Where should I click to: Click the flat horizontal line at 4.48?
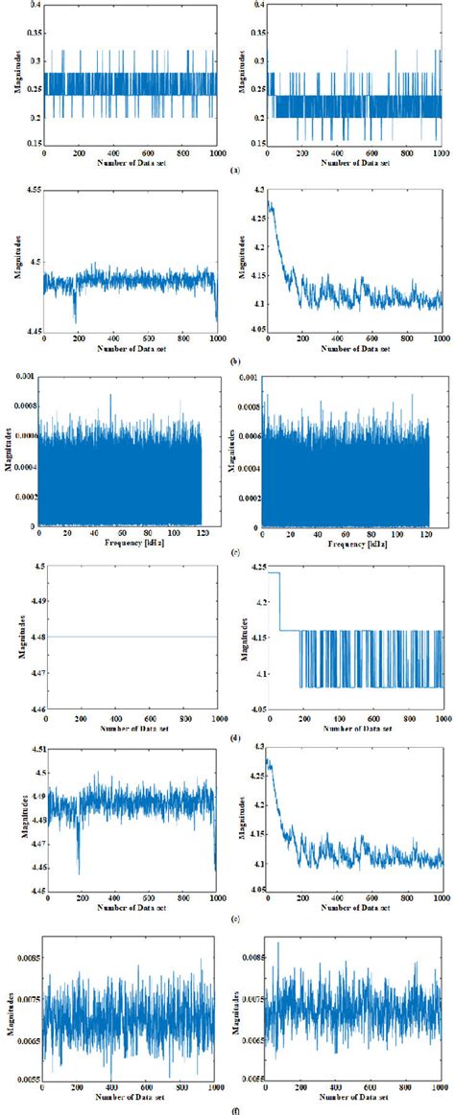(x=131, y=637)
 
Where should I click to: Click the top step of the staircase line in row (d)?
(x=273, y=572)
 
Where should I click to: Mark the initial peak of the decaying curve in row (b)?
(x=271, y=205)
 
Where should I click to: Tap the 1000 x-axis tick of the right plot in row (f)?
(x=440, y=1090)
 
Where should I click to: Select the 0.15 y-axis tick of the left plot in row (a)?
(x=29, y=147)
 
